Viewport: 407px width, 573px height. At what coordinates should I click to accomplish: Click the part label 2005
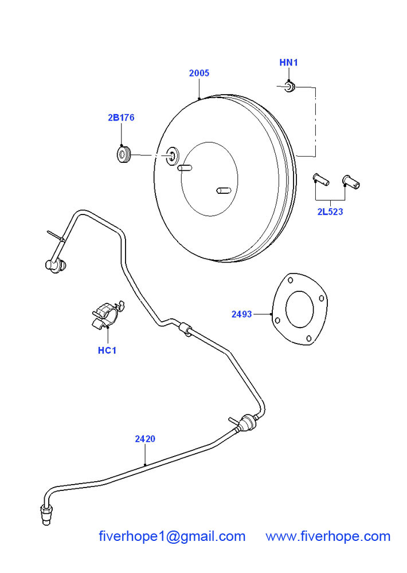tap(199, 73)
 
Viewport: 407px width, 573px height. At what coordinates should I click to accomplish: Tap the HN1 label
tap(289, 62)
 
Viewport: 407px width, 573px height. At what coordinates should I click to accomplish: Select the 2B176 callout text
tap(120, 118)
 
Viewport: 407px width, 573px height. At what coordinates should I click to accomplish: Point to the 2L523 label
tap(330, 212)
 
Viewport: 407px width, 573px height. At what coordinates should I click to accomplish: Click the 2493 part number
tap(241, 314)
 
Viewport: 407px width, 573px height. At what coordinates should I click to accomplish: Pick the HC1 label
tap(107, 350)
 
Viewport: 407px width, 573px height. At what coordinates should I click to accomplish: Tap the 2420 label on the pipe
tap(145, 439)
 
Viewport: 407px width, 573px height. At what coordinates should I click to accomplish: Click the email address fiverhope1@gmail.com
tap(172, 536)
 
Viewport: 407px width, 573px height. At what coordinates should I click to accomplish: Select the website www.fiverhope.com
tap(328, 536)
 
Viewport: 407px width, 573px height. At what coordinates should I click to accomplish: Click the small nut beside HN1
tap(289, 87)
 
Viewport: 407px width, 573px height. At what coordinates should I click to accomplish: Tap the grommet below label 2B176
tap(123, 154)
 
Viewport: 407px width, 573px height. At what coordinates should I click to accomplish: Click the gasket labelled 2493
tap(299, 309)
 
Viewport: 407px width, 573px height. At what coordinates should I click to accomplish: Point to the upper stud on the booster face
tap(184, 168)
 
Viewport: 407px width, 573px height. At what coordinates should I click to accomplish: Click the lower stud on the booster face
tap(222, 189)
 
